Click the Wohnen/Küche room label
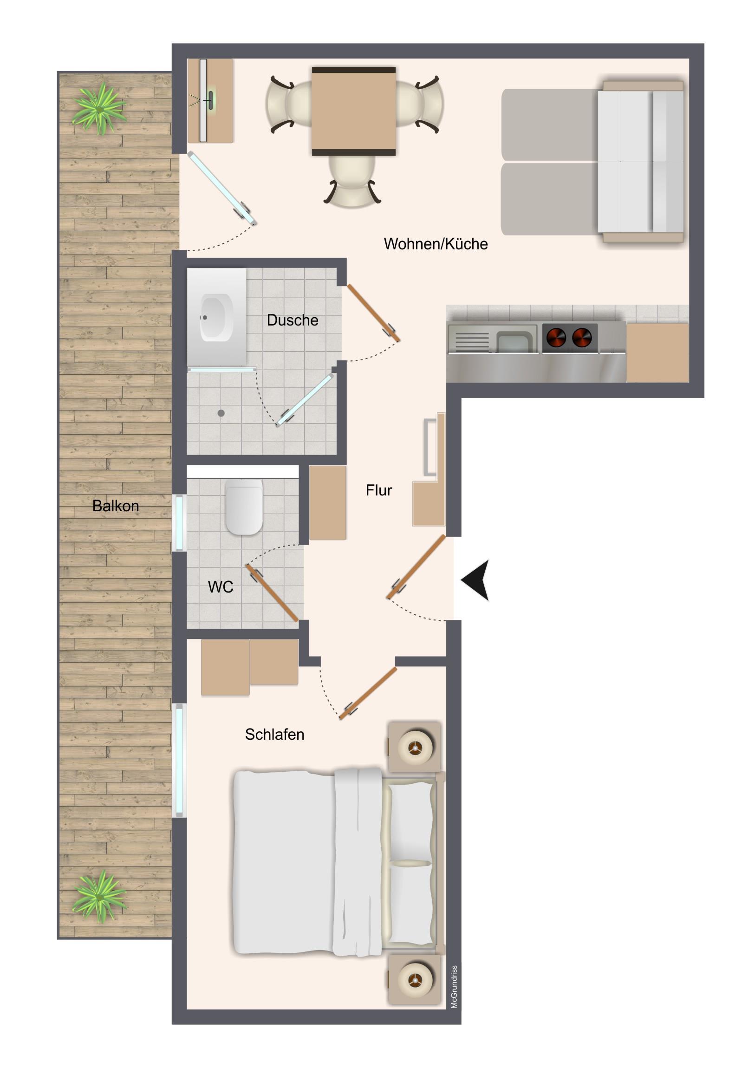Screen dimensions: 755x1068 pyautogui.click(x=436, y=244)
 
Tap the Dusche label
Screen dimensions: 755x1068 pyautogui.click(x=293, y=320)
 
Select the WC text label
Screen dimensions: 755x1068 pyautogui.click(x=221, y=587)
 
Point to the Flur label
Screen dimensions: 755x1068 pyautogui.click(x=379, y=490)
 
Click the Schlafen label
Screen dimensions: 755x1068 pyautogui.click(x=274, y=735)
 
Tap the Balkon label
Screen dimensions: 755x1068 pyautogui.click(x=115, y=506)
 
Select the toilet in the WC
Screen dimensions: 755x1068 pyautogui.click(x=244, y=508)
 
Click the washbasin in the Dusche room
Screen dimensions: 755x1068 pyautogui.click(x=216, y=318)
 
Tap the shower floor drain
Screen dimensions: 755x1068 pyautogui.click(x=221, y=413)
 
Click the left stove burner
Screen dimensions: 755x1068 pyautogui.click(x=556, y=338)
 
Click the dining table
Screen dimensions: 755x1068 pyautogui.click(x=353, y=111)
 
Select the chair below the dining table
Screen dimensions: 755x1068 pyautogui.click(x=352, y=181)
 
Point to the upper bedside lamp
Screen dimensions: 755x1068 pyautogui.click(x=414, y=748)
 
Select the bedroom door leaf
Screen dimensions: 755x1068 pyautogui.click(x=368, y=694)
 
